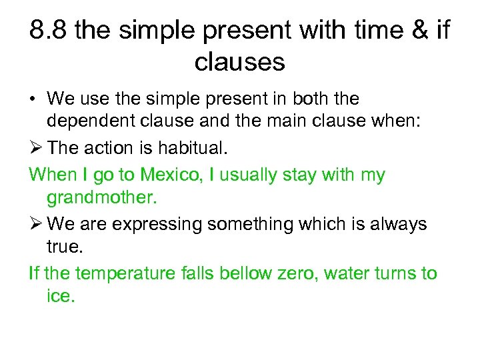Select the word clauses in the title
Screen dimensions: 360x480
click(x=239, y=62)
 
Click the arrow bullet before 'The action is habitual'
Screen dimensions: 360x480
click(x=36, y=149)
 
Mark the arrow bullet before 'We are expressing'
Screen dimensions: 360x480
click(x=36, y=224)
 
